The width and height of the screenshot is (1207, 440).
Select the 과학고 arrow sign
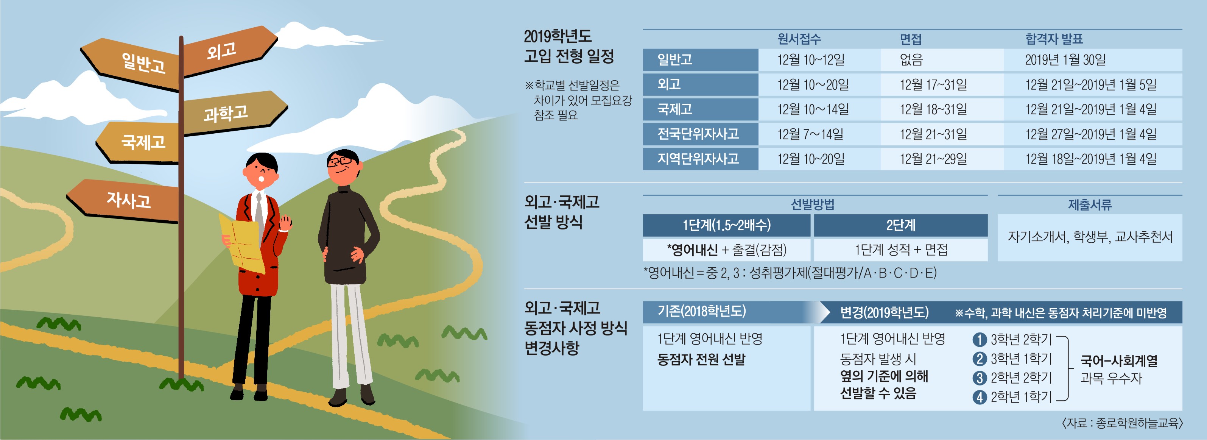click(234, 112)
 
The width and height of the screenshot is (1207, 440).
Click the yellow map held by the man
click(242, 243)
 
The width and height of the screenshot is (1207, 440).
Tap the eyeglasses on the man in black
click(341, 161)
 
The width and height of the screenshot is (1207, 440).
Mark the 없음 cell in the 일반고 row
click(911, 59)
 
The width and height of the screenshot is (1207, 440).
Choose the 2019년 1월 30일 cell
click(1065, 59)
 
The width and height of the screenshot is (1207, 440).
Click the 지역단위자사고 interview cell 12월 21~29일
click(933, 159)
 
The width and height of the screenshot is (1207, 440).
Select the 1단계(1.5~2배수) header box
click(726, 225)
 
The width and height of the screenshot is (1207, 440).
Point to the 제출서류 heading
click(1090, 205)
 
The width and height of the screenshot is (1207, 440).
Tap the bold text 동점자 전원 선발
click(701, 359)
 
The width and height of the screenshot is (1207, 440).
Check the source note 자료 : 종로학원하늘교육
click(1122, 423)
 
